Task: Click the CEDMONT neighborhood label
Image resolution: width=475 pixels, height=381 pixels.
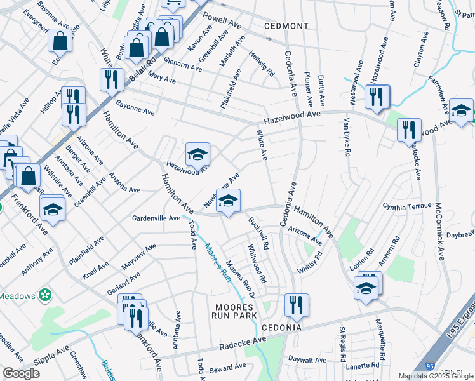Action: click(286, 26)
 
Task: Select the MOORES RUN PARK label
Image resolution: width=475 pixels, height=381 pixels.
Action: click(235, 311)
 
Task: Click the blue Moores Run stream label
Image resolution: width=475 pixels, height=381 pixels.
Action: click(217, 262)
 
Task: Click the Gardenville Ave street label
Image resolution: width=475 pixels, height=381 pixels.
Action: click(156, 218)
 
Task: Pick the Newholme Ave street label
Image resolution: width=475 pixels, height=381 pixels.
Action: click(221, 190)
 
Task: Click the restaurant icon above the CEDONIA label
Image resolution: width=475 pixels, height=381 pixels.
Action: click(297, 305)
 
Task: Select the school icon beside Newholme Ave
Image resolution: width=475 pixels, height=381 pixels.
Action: click(228, 201)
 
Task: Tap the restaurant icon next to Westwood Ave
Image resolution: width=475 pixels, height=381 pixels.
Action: click(377, 96)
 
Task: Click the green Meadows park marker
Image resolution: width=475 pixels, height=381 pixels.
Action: click(44, 295)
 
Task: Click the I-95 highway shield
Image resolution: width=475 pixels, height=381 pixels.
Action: click(431, 366)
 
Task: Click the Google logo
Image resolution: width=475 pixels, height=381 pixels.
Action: click(22, 373)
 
